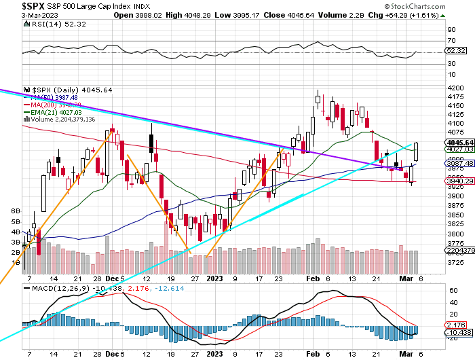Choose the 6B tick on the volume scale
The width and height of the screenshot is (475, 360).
click(16, 212)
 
